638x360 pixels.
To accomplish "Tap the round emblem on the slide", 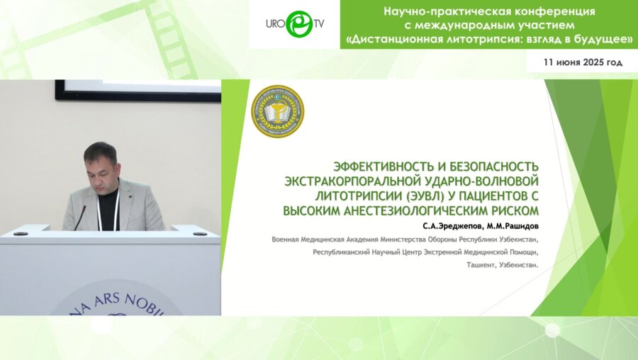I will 278,112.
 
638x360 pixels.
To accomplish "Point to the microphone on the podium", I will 79,216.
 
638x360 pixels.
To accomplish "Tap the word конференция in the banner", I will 553,11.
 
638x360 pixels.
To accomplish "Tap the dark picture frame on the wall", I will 138,91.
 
